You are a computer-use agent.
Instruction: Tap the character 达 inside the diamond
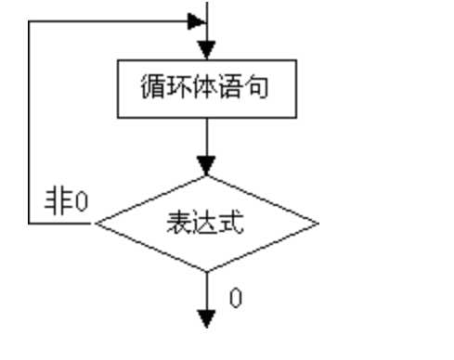coord(205,225)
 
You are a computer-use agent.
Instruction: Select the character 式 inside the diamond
coord(232,225)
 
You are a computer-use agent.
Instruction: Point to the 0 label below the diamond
coord(237,299)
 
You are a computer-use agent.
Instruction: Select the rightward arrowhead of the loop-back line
coord(196,19)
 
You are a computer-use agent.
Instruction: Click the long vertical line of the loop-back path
coord(31,121)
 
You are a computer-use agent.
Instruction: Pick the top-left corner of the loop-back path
coord(31,19)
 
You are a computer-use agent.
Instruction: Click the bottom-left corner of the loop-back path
coord(31,224)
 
